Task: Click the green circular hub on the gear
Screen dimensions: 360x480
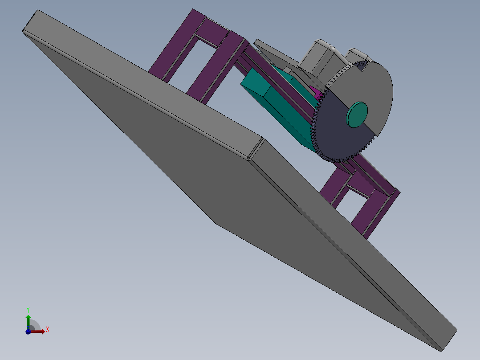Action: (x=358, y=115)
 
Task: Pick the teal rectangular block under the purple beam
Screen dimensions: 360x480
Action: (x=276, y=111)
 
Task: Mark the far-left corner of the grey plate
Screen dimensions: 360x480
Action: (x=24, y=31)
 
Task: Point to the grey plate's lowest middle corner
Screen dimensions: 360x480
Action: (x=216, y=223)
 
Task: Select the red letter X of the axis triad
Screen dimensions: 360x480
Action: (x=47, y=330)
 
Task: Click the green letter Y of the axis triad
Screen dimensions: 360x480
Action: (x=28, y=309)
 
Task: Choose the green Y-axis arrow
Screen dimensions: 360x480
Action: (x=28, y=320)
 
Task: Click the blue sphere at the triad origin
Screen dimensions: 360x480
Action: (x=28, y=331)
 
